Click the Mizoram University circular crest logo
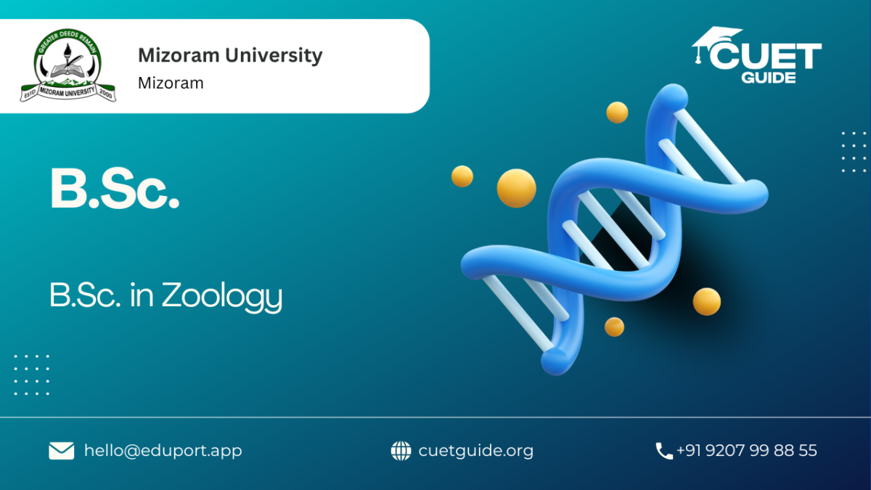point(68,65)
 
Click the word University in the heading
point(274,55)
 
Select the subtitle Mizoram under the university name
point(171,83)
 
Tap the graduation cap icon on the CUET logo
point(716,44)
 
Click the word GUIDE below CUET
point(769,78)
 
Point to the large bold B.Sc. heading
point(115,189)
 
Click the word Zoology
point(222,296)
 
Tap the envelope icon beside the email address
point(62,451)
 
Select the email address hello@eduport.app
point(163,451)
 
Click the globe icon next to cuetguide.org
point(401,451)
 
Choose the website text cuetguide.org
point(476,451)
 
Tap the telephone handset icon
point(663,451)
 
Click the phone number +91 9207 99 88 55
point(747,450)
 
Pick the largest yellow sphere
point(516,188)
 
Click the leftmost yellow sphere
point(462,176)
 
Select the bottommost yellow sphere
point(614,327)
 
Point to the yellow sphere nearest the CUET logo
point(617,113)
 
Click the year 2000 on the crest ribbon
point(106,94)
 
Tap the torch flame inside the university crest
point(68,49)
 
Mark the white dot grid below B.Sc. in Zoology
point(32,375)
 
